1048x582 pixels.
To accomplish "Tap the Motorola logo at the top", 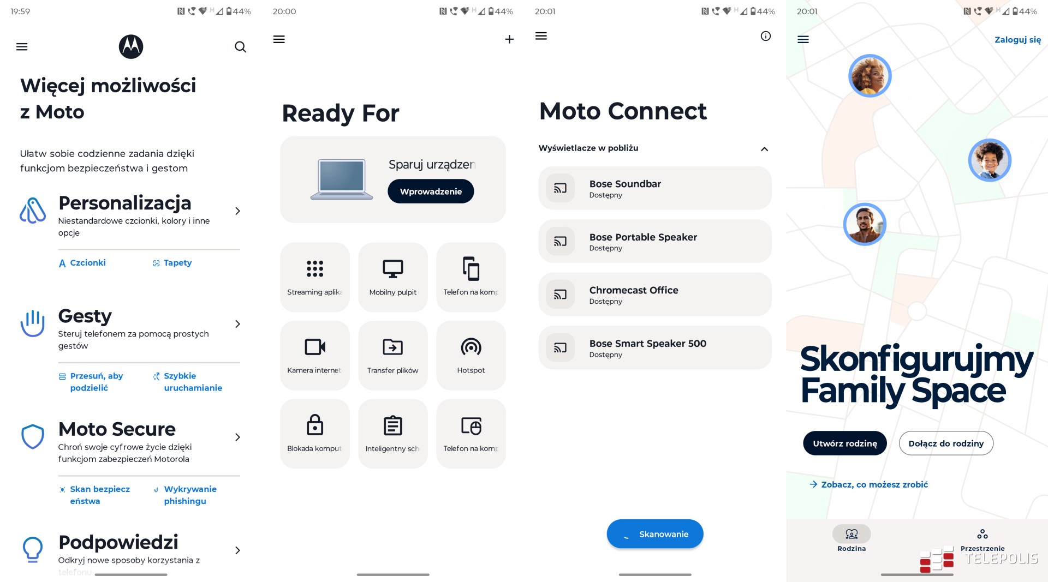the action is coord(131,46).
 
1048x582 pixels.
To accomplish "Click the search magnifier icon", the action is coord(240,47).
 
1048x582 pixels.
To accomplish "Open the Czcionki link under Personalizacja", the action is coord(82,263).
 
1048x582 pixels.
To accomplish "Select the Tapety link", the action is coord(172,263).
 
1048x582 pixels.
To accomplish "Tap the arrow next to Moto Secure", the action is coord(237,437).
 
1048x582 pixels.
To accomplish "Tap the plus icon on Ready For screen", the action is coord(509,39).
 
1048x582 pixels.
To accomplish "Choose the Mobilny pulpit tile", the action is coord(393,277).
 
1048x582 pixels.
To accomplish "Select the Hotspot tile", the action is coord(471,355).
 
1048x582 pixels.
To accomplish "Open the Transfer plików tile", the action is coord(393,355).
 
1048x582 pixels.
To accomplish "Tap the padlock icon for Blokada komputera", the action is coord(315,424).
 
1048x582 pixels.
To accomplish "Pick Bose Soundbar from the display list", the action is coord(655,188).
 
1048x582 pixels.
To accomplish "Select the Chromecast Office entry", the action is coord(655,295).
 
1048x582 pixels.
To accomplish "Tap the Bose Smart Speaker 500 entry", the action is coord(655,347).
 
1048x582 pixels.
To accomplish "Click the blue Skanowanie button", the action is coord(655,534).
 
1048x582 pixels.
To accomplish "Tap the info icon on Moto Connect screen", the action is coord(766,36).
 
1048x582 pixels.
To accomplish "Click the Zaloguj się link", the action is coord(1017,40).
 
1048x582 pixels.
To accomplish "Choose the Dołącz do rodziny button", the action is coord(946,443).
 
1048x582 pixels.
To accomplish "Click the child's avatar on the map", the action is coord(990,160).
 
